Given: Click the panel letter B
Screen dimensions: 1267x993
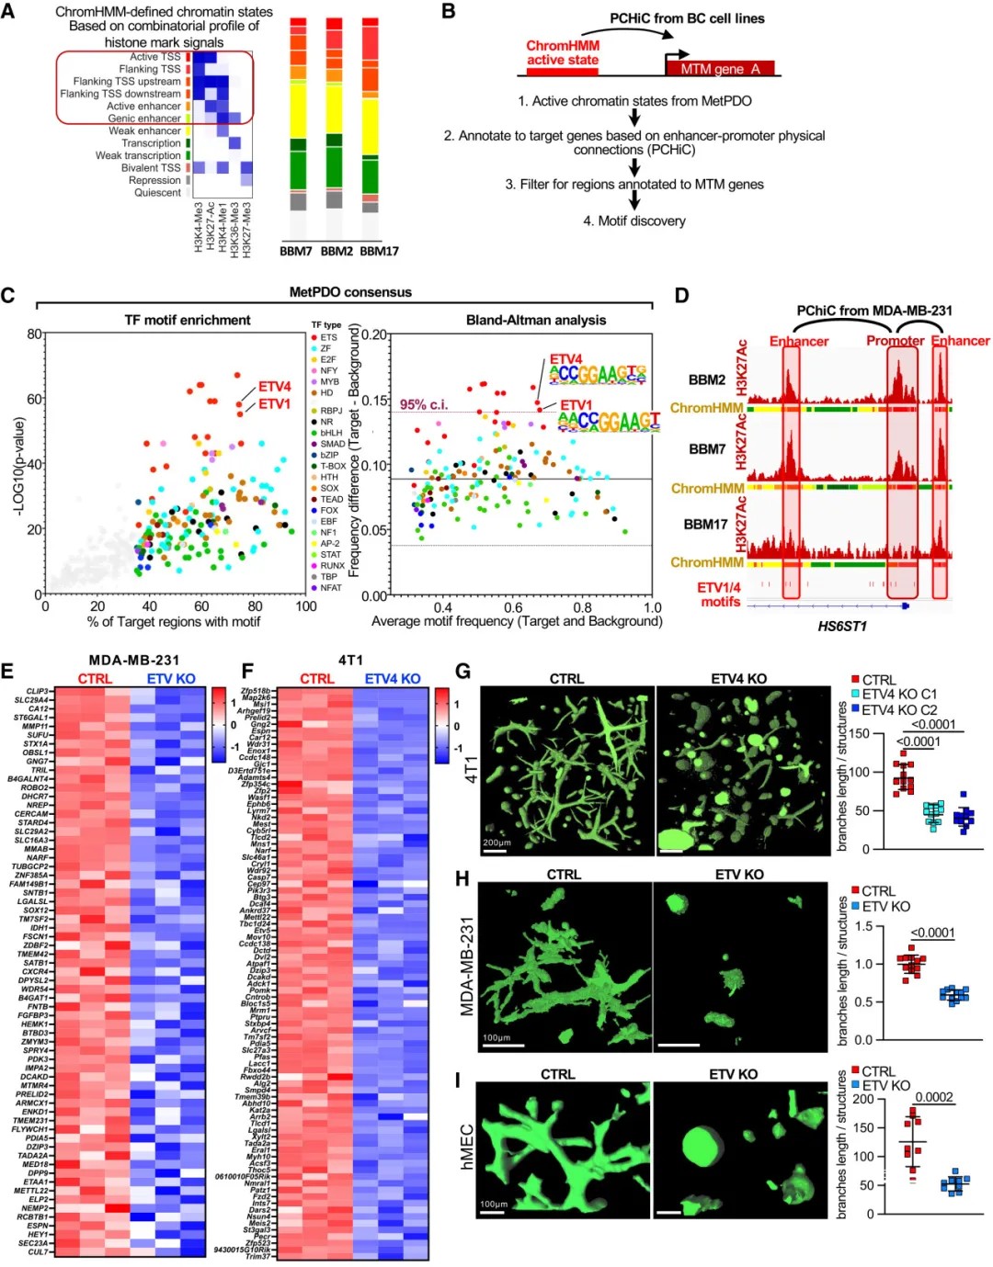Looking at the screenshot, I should tap(449, 11).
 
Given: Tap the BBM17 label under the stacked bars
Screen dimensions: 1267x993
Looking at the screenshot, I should tap(379, 251).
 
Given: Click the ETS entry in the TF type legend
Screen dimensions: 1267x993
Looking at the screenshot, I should tap(328, 337).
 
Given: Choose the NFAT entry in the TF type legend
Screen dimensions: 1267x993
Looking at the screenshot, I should tap(330, 588).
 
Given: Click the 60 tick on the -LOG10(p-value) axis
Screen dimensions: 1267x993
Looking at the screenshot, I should tap(35, 399).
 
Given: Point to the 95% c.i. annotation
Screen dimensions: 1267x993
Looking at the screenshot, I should tap(423, 404).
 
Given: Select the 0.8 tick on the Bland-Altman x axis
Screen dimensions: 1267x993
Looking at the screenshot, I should tap(583, 607).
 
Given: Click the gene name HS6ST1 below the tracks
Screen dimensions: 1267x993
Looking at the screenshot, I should tap(841, 627).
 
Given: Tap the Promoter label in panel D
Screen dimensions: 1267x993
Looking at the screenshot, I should tap(895, 341).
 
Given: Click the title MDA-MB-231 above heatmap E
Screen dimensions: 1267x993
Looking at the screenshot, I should tap(134, 660).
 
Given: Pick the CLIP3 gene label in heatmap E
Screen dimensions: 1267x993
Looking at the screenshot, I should tap(37, 691).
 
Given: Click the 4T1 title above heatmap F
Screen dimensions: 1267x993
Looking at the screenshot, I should tap(350, 660).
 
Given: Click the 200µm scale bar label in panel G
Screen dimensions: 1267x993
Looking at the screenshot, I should tap(496, 842).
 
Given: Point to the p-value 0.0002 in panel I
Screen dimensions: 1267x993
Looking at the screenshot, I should tap(933, 1097).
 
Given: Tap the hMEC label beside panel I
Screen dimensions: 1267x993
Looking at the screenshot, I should tap(466, 1146).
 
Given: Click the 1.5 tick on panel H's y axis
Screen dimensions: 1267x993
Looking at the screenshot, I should tap(863, 926).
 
